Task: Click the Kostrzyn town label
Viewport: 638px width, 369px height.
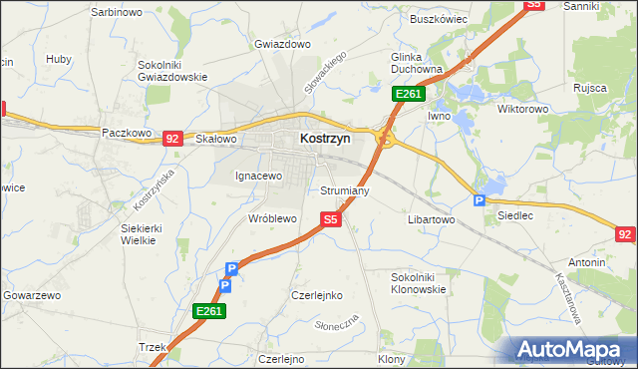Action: pos(325,140)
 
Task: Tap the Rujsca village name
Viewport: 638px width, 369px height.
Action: pos(590,88)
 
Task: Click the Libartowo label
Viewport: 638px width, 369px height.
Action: pos(432,218)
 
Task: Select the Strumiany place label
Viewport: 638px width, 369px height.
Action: pos(345,189)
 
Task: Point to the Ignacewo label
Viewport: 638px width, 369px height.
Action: pos(259,176)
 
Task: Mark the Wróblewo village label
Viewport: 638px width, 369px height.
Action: pos(272,217)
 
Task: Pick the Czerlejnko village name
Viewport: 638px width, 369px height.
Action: pos(316,295)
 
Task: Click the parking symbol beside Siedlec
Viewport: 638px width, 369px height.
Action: pos(479,199)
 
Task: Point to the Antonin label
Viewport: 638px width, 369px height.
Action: pos(588,262)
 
